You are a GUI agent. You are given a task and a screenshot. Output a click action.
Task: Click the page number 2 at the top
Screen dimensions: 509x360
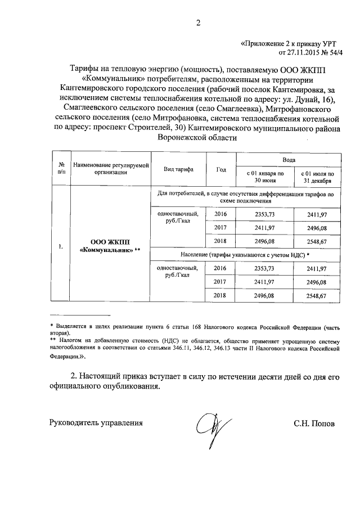tap(197, 24)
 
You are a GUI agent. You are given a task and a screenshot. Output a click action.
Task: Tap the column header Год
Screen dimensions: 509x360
tap(221, 169)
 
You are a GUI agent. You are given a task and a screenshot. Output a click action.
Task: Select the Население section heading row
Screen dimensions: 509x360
tap(246, 255)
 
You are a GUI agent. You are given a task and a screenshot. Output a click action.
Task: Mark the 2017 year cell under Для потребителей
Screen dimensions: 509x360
tap(221, 228)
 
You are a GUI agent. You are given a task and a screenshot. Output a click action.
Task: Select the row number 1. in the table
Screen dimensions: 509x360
tap(61, 246)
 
